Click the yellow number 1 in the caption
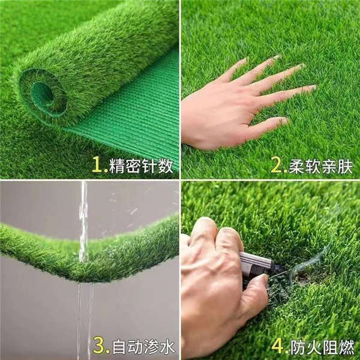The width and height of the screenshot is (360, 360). point(97,164)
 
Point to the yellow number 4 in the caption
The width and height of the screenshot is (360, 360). point(277,346)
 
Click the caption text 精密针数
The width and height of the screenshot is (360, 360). point(141,166)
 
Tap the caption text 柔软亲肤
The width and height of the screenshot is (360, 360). point(320,166)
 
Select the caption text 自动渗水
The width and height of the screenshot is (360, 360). point(143,346)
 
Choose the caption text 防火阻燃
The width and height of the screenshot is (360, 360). point(322,347)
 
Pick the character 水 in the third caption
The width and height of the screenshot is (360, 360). point(167,346)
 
